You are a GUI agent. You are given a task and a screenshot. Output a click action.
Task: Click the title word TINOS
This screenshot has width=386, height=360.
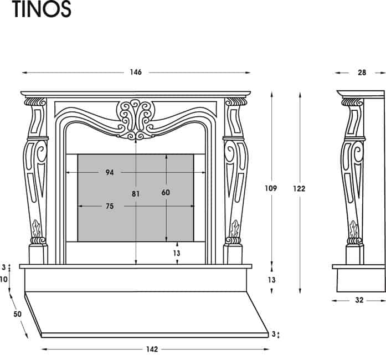(42, 9)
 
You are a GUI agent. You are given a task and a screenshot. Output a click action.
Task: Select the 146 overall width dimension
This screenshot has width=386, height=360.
(136, 72)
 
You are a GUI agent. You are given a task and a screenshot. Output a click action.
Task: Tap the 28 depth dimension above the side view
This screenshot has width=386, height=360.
(362, 73)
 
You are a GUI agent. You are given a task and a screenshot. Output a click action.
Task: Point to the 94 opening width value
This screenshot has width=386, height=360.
(110, 172)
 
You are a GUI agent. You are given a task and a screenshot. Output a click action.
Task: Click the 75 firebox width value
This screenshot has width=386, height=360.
(110, 206)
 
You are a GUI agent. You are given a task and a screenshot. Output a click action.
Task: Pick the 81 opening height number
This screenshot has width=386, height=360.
(136, 194)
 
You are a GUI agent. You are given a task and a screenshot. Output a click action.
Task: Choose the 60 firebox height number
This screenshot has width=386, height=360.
(166, 192)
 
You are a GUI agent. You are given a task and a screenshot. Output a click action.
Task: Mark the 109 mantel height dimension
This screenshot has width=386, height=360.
(271, 188)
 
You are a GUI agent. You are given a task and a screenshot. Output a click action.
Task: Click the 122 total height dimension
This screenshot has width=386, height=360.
(299, 189)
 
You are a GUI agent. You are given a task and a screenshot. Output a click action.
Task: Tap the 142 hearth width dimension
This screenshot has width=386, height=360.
(152, 349)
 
